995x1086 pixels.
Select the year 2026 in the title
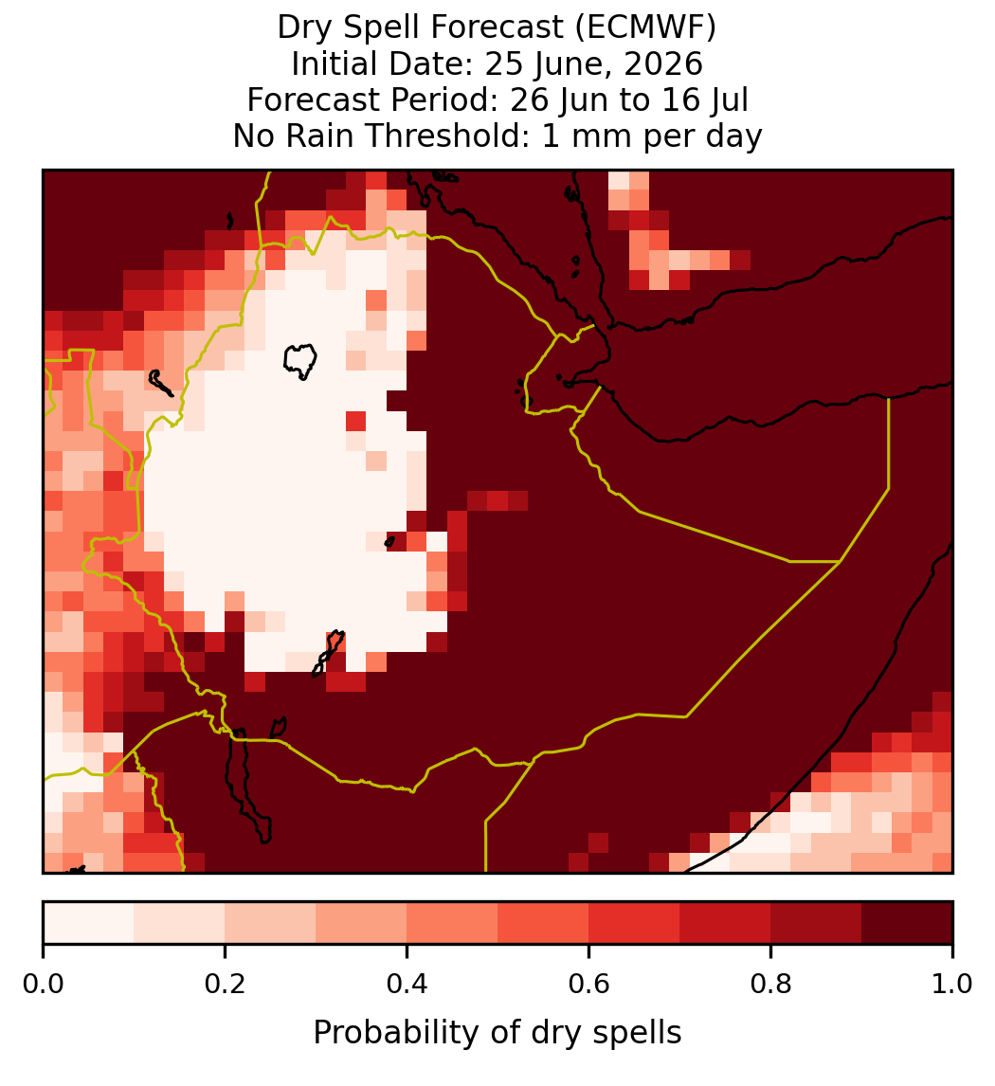point(662,64)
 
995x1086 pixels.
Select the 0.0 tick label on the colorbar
point(44,984)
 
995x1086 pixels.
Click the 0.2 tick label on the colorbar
point(225,984)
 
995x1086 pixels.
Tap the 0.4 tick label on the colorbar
point(407,984)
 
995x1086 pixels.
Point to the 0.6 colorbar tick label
point(589,984)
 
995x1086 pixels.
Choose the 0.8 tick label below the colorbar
point(771,984)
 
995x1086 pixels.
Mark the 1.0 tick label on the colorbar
point(952,984)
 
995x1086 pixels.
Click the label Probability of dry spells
point(497,1033)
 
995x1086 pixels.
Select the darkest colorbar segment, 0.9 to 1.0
point(907,923)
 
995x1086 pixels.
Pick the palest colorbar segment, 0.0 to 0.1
point(89,923)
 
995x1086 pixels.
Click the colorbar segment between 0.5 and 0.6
point(544,923)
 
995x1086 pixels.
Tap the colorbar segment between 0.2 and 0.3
point(271,923)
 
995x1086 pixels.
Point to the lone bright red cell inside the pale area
point(356,421)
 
